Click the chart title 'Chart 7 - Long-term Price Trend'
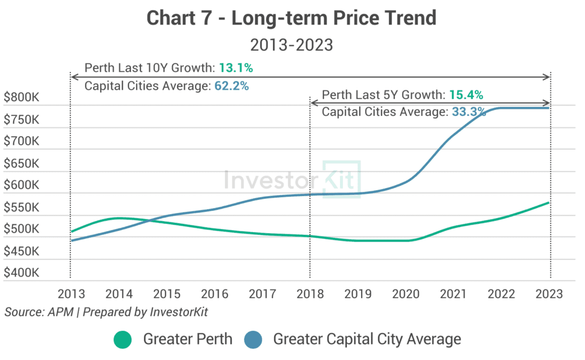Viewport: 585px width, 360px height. tap(292, 18)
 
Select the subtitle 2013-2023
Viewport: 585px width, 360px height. tap(292, 45)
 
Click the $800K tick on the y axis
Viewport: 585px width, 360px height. tap(21, 97)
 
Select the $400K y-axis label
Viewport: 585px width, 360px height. tap(21, 273)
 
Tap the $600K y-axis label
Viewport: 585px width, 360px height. tap(21, 185)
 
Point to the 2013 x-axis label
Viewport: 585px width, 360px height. tap(71, 294)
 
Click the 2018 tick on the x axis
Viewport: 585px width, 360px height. tap(310, 294)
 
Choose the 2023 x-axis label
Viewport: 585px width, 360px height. tap(550, 294)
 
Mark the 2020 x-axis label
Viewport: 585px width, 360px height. tap(406, 294)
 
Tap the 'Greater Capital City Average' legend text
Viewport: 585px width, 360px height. tap(367, 339)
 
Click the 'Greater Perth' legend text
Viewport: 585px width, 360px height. tap(188, 339)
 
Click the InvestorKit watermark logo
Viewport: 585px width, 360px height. tap(292, 179)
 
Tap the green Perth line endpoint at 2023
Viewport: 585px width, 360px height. tap(549, 202)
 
